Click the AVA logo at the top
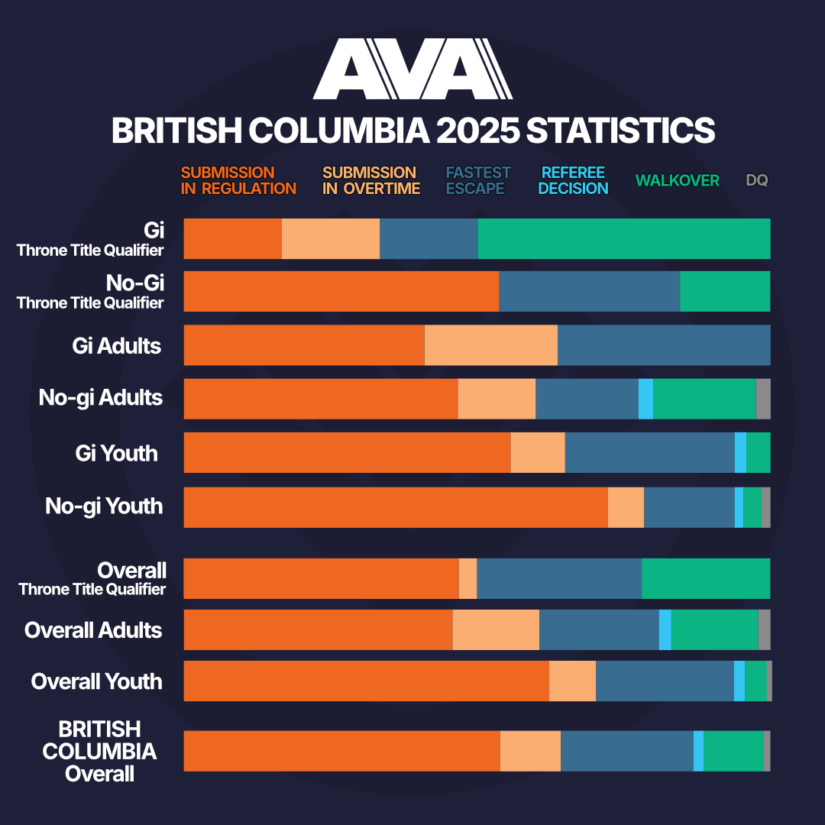coord(412,70)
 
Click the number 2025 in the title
coord(474,131)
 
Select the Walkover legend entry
coord(677,181)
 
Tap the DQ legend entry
coord(756,181)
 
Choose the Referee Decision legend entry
coord(573,180)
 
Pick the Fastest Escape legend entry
coord(478,180)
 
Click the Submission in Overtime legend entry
coord(370,180)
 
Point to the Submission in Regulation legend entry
coord(238,180)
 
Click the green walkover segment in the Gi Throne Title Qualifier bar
coord(623,238)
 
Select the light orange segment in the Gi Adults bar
coord(490,345)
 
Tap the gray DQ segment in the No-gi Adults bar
coord(762,399)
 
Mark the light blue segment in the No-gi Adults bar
coord(645,399)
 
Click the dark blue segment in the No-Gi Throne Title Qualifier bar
coord(589,291)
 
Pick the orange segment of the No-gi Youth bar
coord(396,507)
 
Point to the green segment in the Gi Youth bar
coord(758,452)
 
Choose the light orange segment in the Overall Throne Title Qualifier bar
coord(467,578)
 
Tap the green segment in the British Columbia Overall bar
coord(733,751)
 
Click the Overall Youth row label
coord(96,681)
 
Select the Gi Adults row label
coord(117,346)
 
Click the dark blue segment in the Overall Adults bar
coord(599,629)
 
